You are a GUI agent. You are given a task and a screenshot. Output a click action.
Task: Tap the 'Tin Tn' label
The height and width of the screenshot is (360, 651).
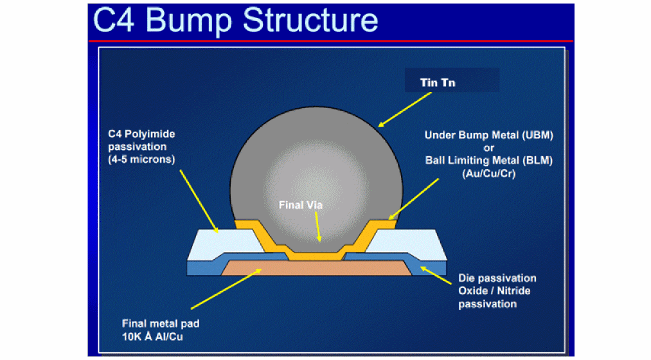tap(438, 82)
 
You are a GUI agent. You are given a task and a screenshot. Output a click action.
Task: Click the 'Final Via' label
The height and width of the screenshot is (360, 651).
tap(300, 205)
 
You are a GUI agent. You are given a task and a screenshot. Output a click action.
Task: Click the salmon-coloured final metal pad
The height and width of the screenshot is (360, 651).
tap(316, 267)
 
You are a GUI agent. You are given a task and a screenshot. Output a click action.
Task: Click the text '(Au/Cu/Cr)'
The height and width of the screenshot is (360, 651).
tap(489, 173)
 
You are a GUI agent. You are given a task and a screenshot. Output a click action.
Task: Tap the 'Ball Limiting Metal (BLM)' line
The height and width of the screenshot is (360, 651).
tap(488, 161)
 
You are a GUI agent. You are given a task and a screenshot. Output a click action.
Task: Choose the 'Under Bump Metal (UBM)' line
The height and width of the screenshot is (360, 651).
tap(488, 136)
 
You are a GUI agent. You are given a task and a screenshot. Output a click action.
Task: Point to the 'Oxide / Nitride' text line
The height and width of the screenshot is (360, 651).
tap(494, 291)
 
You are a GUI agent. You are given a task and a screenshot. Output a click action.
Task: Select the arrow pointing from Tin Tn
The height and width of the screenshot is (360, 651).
tap(406, 108)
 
